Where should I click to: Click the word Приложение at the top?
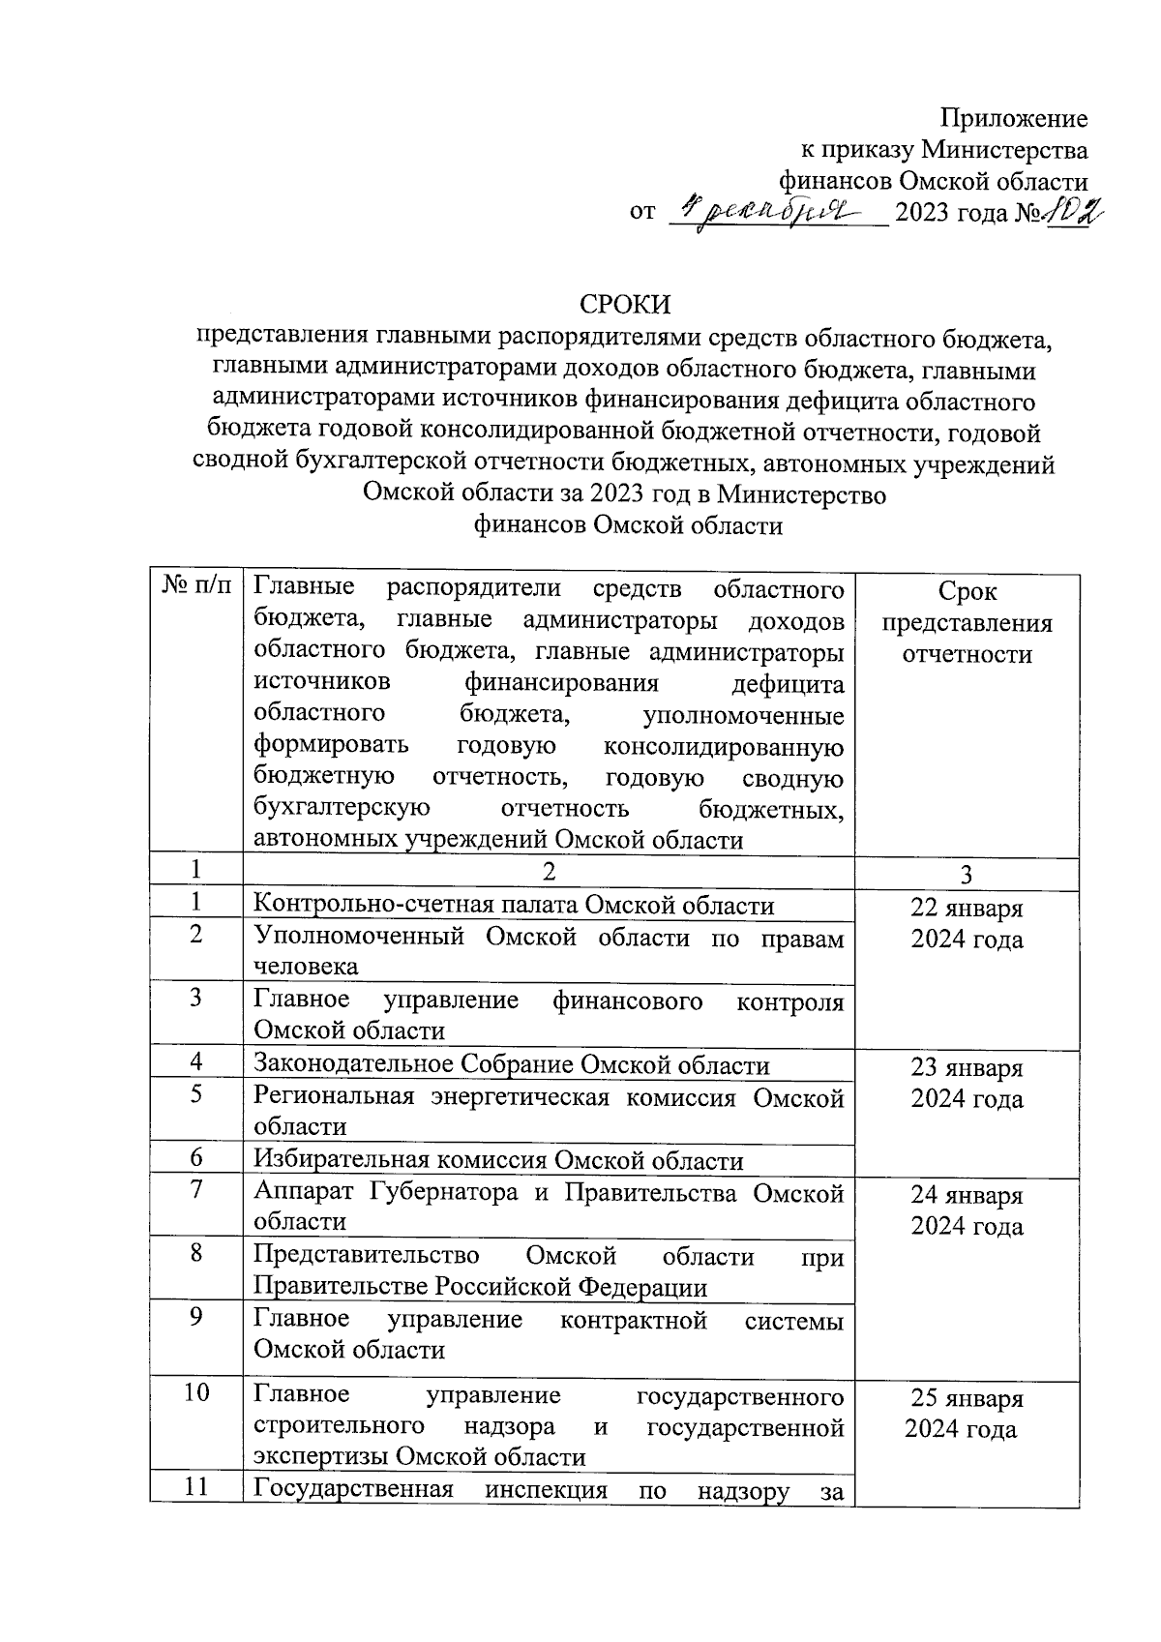pos(1014,119)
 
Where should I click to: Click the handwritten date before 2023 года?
pos(770,208)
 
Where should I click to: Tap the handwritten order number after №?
pos(1074,208)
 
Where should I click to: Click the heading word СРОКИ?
pos(625,304)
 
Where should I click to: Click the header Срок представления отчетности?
pos(967,622)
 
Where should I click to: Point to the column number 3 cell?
pos(967,875)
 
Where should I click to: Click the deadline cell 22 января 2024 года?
pos(967,924)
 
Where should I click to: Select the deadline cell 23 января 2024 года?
pos(967,1084)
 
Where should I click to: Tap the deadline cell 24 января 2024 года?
pos(967,1210)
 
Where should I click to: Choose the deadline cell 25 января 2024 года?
pos(967,1414)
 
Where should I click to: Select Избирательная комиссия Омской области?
pos(497,1160)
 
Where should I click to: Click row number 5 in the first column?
pos(196,1096)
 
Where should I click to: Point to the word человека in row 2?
pos(305,966)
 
